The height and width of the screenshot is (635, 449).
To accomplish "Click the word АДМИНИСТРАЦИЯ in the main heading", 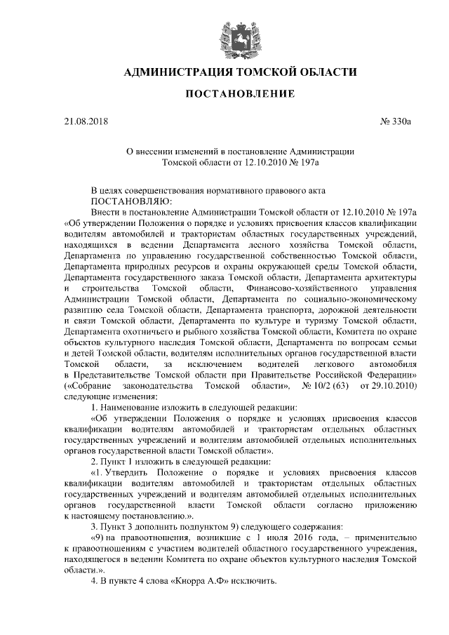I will point(177,72).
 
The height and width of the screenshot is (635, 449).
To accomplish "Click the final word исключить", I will point(254,582).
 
